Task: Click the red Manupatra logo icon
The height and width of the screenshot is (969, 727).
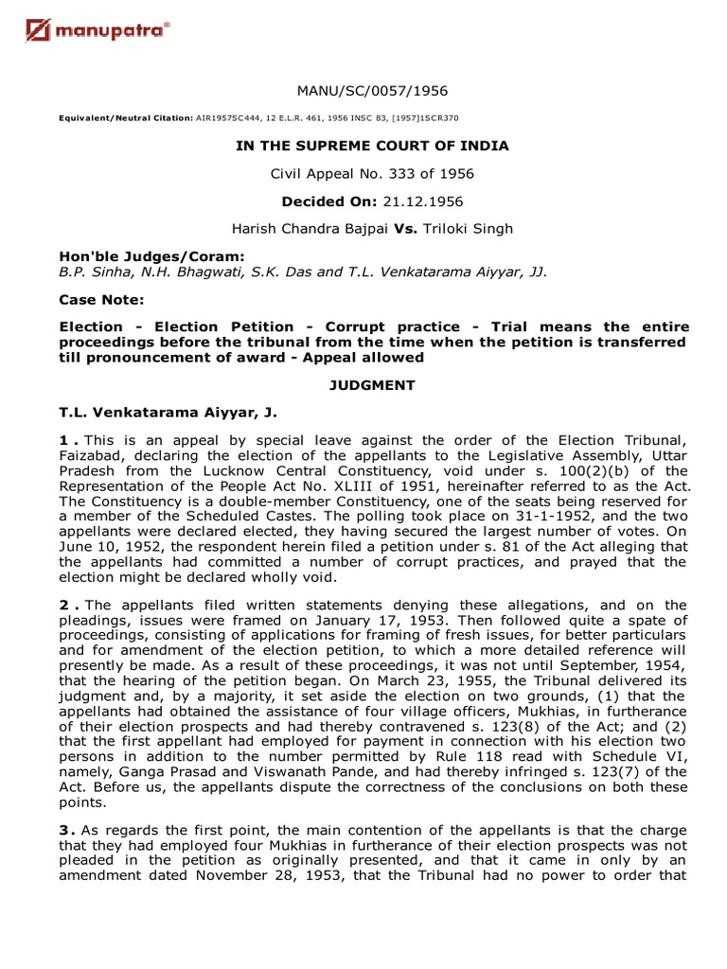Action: tap(40, 34)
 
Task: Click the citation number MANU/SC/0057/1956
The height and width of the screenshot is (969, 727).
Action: tap(372, 91)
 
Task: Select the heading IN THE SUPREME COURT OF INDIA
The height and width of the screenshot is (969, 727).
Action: tap(372, 146)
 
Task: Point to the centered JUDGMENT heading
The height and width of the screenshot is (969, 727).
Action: tap(372, 386)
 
